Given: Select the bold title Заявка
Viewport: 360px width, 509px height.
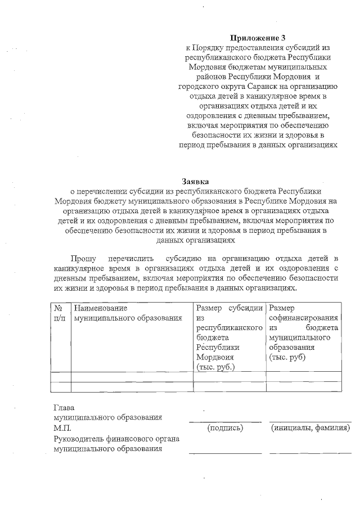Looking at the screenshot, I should coord(195,181).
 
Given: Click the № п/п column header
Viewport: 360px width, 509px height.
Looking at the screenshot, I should coord(59,313).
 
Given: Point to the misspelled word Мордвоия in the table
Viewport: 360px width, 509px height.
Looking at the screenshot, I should coord(215,357).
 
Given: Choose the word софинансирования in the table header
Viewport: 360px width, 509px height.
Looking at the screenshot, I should coord(303,318).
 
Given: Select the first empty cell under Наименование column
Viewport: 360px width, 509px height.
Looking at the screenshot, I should coord(132,376).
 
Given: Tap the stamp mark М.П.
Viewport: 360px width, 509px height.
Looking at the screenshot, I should coord(61,428).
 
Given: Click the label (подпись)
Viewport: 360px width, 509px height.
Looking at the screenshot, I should coord(225,428).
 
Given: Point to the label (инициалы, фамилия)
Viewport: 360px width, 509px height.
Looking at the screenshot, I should coord(310,428).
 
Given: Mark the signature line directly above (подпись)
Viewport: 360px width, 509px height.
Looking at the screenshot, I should coord(225,421).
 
